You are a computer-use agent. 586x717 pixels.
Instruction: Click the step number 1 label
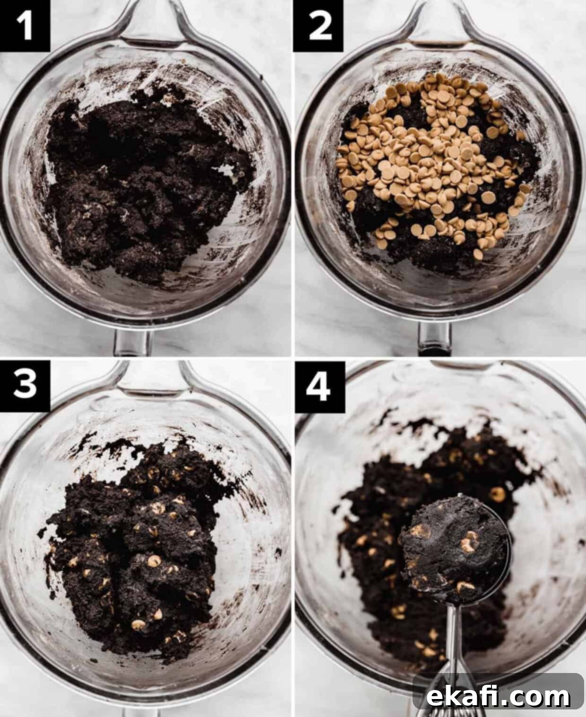point(25,26)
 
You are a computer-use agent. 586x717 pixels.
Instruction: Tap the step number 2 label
point(319,26)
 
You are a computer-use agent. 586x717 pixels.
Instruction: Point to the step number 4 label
point(319,387)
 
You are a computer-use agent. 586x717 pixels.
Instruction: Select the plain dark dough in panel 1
point(146,184)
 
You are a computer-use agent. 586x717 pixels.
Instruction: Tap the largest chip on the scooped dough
point(469,542)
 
